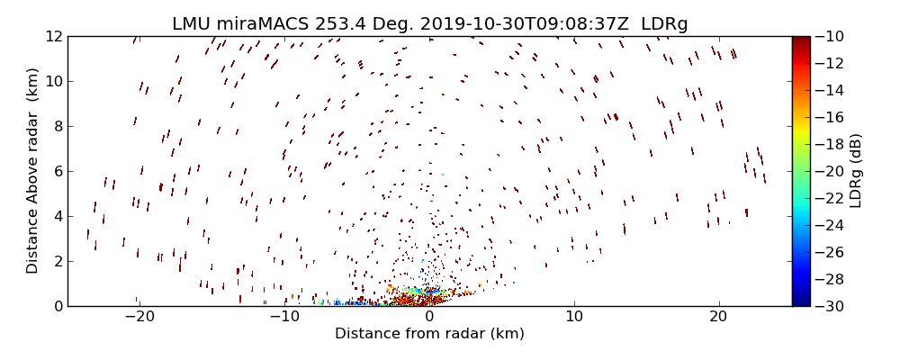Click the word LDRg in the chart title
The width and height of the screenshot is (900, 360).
(666, 24)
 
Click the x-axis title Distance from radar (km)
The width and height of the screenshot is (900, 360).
(429, 334)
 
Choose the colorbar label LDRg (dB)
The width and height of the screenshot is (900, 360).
(855, 171)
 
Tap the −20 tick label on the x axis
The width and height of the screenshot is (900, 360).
(138, 317)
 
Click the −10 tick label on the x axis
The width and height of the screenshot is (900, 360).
(283, 317)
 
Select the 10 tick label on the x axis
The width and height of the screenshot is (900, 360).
(574, 317)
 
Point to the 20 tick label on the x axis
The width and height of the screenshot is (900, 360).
(719, 317)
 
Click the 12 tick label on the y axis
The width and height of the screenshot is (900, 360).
(53, 36)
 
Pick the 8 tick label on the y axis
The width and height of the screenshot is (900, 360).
(57, 126)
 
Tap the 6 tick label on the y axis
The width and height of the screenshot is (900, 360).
(57, 171)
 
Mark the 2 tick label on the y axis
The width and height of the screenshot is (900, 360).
(57, 261)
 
